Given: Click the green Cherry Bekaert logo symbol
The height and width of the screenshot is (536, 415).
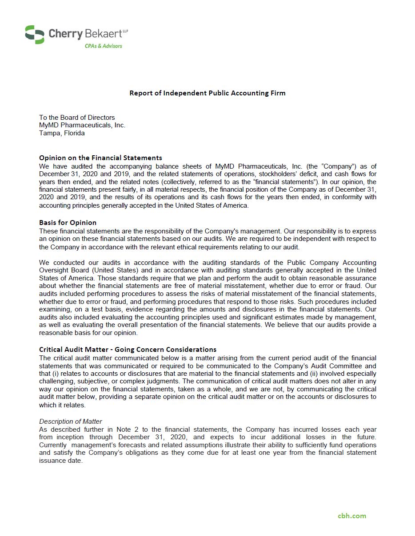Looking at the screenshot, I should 35,34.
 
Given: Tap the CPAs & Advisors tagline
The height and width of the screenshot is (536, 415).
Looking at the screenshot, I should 103,46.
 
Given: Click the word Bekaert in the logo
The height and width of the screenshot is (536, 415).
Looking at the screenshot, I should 109,34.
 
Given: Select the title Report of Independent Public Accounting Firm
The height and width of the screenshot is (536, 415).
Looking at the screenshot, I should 207,93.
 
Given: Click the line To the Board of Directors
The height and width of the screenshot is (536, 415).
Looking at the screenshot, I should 77,118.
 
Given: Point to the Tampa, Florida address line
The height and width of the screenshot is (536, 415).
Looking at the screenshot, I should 62,133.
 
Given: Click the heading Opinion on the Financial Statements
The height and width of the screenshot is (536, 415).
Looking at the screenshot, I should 100,158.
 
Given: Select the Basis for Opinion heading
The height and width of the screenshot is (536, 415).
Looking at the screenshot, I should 68,222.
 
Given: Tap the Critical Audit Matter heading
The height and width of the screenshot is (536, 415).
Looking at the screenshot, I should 128,349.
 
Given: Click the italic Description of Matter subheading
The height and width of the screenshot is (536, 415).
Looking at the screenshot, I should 71,422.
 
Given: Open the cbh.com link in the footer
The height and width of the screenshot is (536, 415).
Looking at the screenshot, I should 352,516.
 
